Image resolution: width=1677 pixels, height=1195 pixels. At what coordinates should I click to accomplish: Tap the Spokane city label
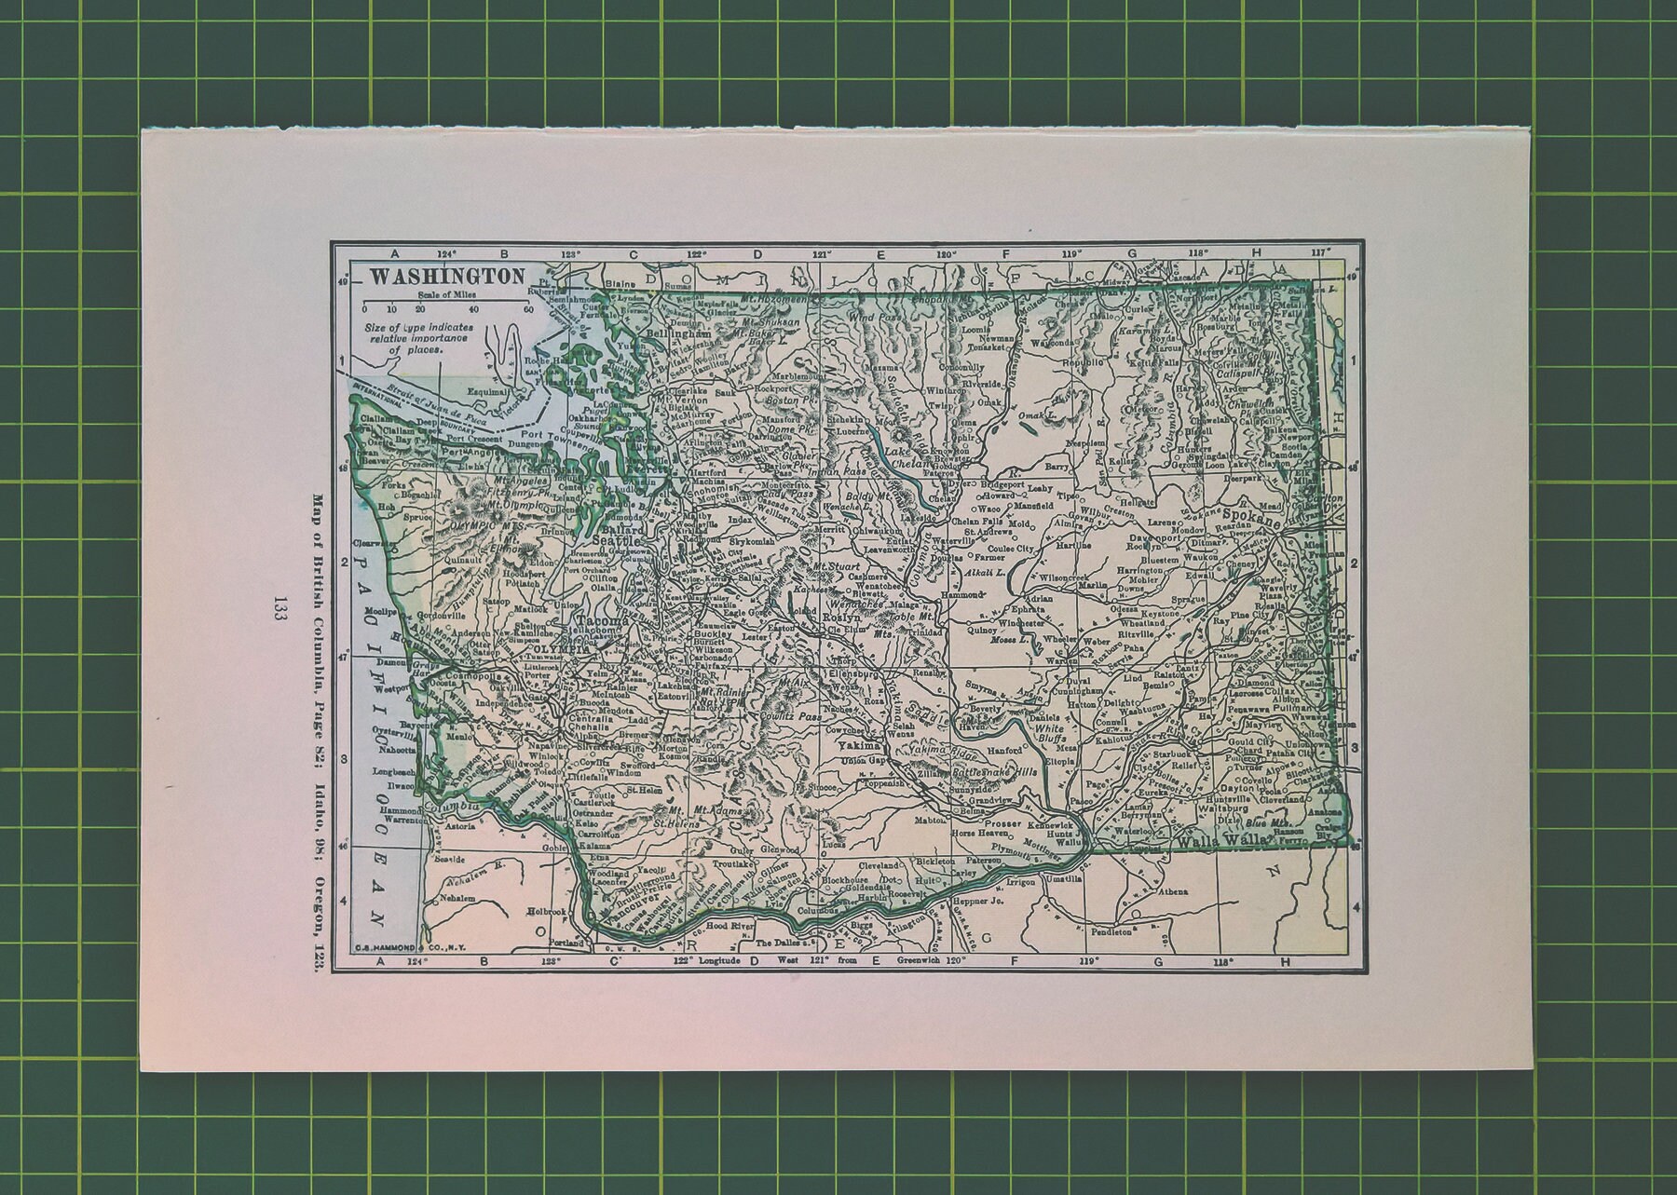[1245, 513]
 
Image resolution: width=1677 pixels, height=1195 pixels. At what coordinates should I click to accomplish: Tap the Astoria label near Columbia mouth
[460, 825]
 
